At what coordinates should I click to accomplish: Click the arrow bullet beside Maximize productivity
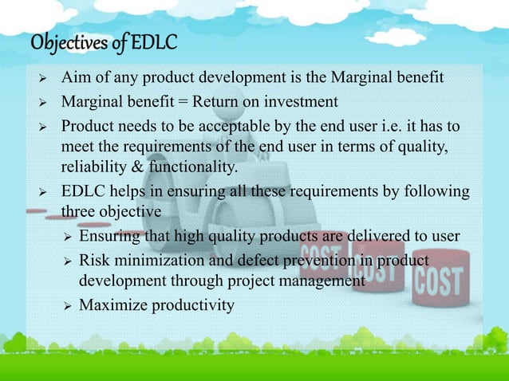(x=68, y=304)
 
